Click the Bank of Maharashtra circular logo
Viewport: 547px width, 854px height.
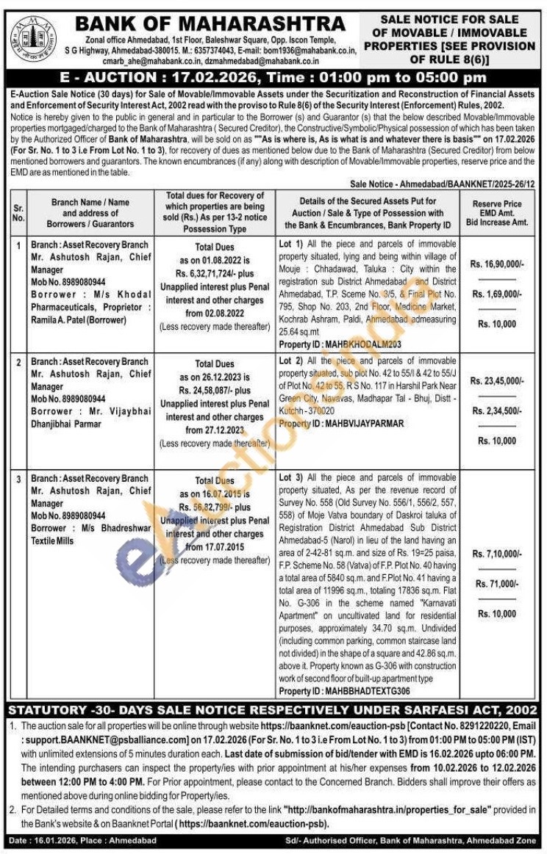32,37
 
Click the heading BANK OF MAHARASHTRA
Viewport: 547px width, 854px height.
210,23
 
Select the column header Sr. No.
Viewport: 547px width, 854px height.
18,213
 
